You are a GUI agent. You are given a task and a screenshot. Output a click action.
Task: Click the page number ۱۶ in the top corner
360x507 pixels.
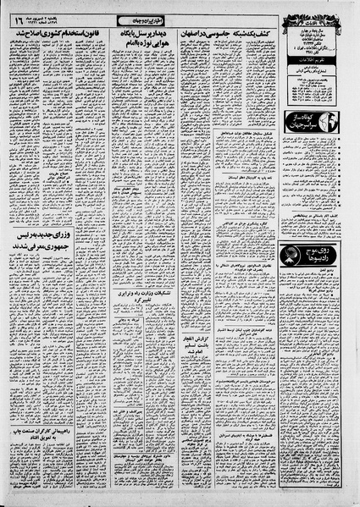click(x=18, y=17)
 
